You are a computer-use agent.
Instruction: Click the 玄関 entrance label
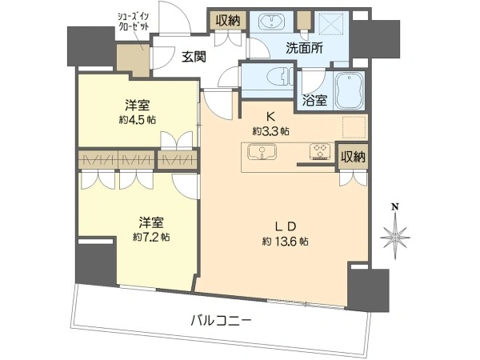coord(194,57)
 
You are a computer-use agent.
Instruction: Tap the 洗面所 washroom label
coord(304,49)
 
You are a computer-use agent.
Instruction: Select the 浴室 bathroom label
coord(314,101)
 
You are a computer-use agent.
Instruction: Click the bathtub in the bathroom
coord(350,90)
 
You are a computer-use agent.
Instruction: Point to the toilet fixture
coord(278,76)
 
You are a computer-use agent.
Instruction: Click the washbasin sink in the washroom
coord(271,22)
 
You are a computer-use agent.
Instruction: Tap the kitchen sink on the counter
coord(262,152)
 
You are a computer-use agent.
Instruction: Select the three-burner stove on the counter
coord(320,151)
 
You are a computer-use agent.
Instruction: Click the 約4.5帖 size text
coord(137,120)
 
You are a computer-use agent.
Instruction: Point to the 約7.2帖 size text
coord(151,237)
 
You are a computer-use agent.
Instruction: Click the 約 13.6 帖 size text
coord(285,242)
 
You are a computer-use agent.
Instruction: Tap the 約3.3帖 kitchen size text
coord(271,131)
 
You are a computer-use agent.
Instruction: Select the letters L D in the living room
coord(285,226)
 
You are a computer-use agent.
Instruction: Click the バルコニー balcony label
coord(221,321)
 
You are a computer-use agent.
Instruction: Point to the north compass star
coord(395,237)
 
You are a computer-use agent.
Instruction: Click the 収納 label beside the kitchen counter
coord(354,157)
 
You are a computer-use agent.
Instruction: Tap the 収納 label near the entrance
coord(227,21)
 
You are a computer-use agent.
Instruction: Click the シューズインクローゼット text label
coord(134,21)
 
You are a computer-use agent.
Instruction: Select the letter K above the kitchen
coord(270,116)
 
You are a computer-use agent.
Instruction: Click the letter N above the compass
coord(395,207)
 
